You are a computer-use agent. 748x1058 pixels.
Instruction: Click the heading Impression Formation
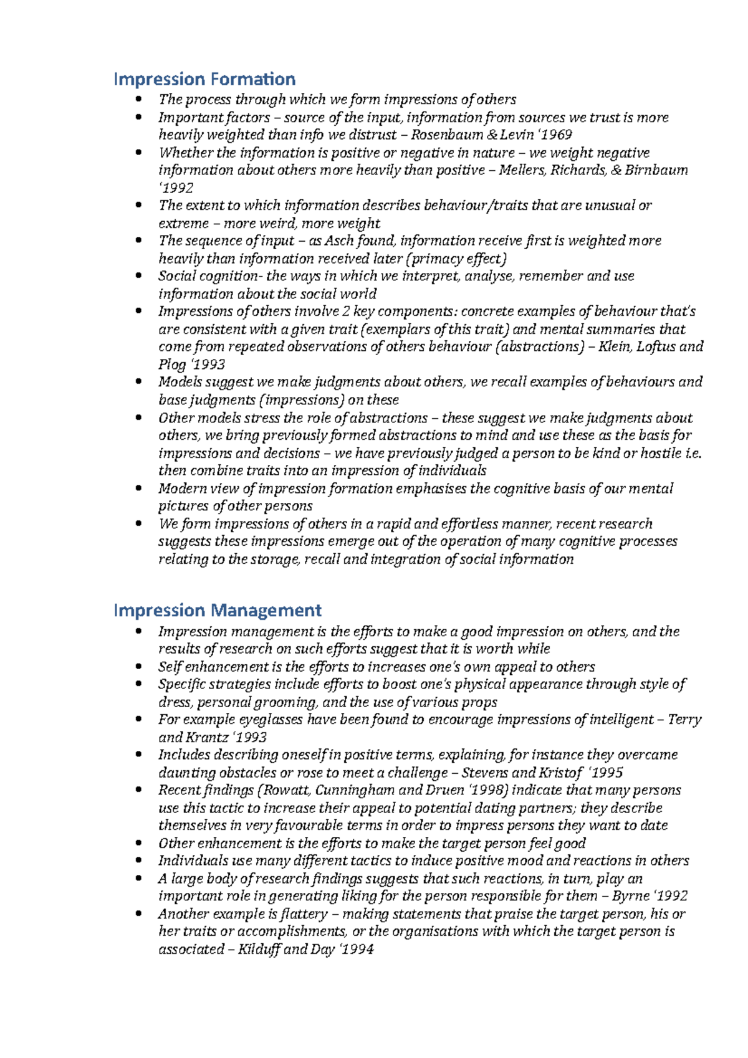pos(204,79)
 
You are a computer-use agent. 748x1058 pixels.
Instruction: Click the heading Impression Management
pos(218,610)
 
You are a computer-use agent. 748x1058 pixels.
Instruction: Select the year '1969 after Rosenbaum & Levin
pos(555,135)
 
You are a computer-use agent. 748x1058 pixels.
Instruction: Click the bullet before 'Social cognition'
pos(138,276)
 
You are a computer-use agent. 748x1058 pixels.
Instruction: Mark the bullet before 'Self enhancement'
pos(138,667)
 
